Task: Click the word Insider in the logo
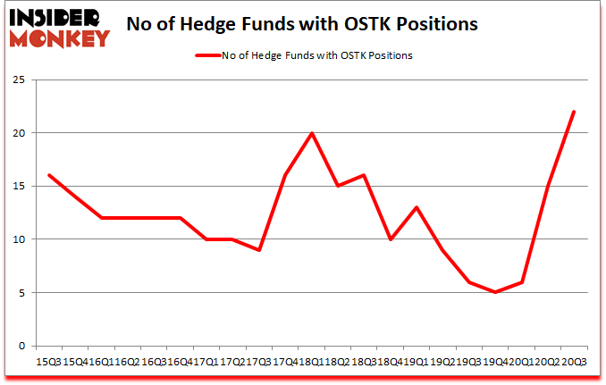(x=56, y=17)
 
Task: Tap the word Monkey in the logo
(x=63, y=38)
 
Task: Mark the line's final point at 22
(x=573, y=112)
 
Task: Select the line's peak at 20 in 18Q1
(x=311, y=133)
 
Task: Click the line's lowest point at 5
(x=494, y=292)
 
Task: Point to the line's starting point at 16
(x=48, y=175)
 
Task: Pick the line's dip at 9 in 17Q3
(x=258, y=250)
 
